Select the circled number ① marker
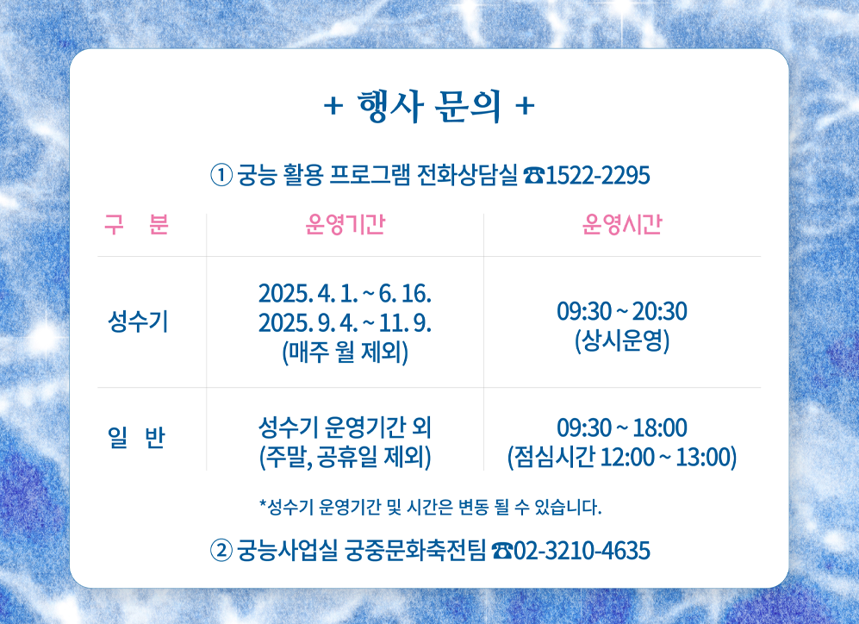[221, 176]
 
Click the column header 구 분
[136, 225]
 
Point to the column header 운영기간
[345, 225]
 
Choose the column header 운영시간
[622, 225]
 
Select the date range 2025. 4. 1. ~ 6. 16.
[345, 293]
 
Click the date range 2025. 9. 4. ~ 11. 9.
[345, 323]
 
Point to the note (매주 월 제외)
[345, 353]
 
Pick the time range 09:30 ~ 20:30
[622, 311]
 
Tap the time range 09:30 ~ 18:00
[622, 427]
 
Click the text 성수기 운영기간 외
[345, 427]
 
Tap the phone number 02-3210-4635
[582, 550]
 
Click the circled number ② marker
[221, 550]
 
